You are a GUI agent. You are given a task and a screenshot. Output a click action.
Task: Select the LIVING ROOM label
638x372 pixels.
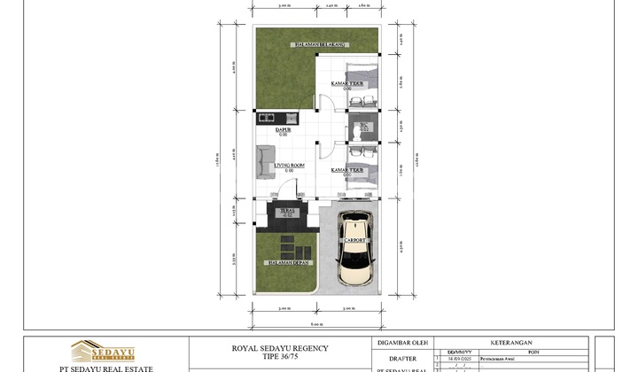289,166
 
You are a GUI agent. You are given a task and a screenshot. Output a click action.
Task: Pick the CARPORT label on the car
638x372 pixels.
355,240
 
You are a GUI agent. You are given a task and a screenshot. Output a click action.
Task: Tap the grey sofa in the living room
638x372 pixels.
265,163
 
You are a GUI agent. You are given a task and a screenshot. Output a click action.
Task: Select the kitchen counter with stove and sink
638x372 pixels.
277,117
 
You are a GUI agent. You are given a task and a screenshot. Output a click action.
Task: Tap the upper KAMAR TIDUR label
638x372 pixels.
347,84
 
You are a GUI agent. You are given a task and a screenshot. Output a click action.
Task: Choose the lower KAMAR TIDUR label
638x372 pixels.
347,169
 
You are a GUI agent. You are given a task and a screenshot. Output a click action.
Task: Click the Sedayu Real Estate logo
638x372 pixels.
103,352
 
